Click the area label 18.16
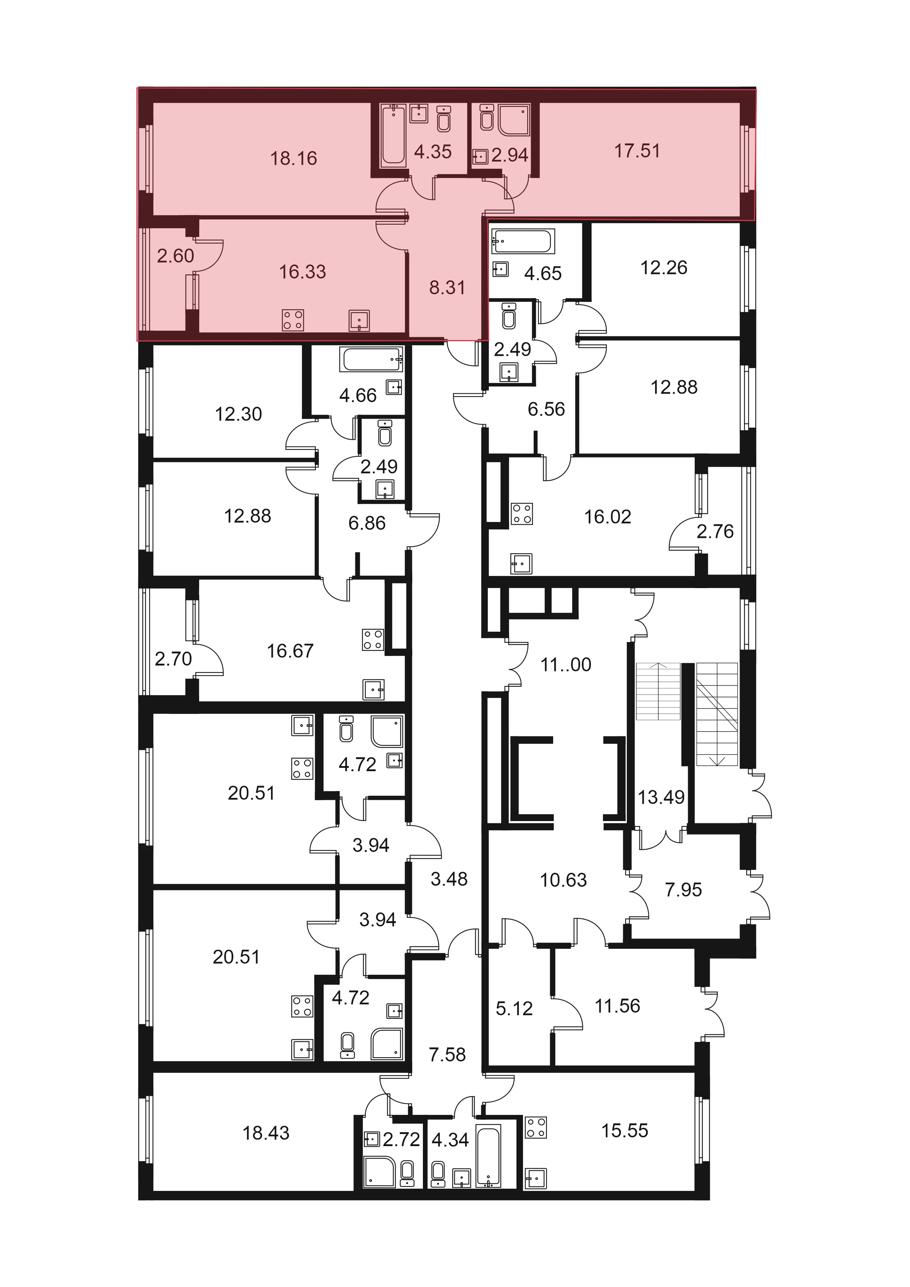coord(294,158)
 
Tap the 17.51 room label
coord(637,151)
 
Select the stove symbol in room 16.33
coord(292,320)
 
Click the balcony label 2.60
coord(175,256)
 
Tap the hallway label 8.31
coord(447,288)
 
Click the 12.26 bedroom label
coord(664,268)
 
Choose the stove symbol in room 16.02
coord(522,514)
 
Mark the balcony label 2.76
coord(715,531)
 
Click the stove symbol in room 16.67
coord(373,639)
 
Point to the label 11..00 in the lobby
coord(566,665)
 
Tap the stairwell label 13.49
coord(661,797)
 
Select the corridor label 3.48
coord(449,879)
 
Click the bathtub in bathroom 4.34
coord(488,1156)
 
